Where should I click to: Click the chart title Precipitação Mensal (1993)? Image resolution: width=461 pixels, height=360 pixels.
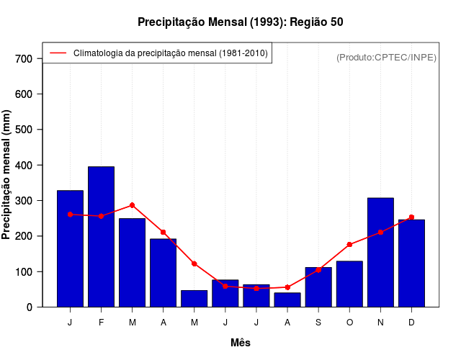click(240, 22)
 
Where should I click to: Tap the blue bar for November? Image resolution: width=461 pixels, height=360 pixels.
click(380, 252)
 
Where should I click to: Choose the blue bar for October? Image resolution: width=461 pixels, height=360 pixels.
click(349, 284)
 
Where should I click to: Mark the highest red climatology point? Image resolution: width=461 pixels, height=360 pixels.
click(132, 205)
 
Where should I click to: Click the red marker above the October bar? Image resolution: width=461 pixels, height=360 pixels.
click(349, 245)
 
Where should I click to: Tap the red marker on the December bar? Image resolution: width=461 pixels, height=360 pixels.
click(411, 217)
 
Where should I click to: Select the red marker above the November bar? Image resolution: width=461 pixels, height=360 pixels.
click(380, 232)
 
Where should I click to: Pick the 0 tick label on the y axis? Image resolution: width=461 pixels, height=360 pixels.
click(30, 307)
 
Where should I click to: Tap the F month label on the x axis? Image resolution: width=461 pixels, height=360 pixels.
click(101, 323)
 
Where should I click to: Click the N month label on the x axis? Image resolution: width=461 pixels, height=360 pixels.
click(380, 323)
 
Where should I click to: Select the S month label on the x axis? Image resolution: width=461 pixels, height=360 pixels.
click(318, 323)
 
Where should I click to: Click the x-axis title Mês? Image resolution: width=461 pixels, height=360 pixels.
click(241, 343)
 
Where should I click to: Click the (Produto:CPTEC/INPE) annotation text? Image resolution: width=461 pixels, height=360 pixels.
click(387, 57)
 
